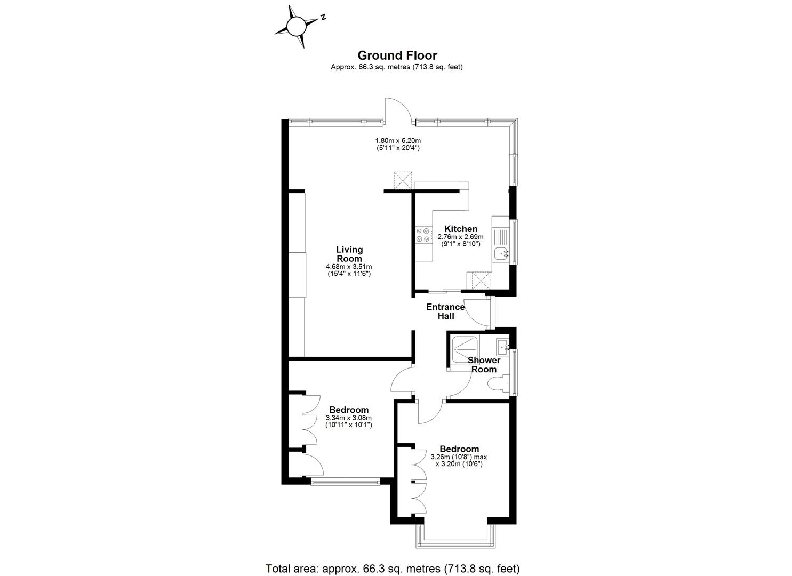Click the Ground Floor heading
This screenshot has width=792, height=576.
(x=397, y=55)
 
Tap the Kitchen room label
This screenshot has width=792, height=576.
(x=461, y=229)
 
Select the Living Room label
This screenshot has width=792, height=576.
(x=349, y=254)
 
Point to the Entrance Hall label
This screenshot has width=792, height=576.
(x=445, y=311)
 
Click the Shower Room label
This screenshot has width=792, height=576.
(x=484, y=365)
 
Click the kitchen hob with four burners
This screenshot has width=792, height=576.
(x=423, y=235)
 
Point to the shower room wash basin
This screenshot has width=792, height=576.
(x=502, y=347)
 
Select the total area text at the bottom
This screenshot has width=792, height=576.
(x=392, y=568)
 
